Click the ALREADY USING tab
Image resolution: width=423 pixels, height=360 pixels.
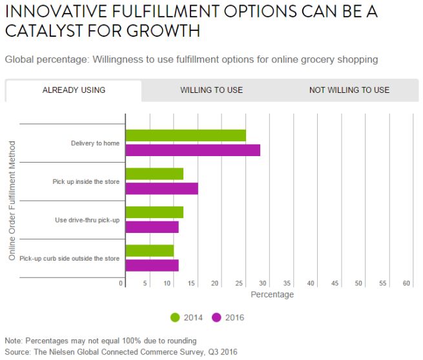74,90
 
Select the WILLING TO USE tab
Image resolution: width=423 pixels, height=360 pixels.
211,90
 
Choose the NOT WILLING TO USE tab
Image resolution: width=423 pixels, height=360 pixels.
349,90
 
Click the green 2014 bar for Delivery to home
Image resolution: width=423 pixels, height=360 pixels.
185,135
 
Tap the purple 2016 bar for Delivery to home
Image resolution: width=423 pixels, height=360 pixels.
192,150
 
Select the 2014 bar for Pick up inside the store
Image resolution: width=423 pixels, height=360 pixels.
154,174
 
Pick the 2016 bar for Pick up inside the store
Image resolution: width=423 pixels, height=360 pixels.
161,188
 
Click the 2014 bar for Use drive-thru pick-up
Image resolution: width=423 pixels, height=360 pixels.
154,212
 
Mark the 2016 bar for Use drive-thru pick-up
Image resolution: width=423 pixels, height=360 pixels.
152,226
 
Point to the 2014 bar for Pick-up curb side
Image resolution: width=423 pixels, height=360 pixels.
150,250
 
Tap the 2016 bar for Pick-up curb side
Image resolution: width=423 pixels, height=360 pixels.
152,265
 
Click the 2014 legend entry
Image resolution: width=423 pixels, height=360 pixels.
187,317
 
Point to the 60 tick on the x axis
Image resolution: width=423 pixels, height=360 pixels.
406,283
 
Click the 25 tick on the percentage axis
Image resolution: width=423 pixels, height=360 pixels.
240,283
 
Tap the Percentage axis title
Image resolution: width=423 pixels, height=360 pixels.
272,295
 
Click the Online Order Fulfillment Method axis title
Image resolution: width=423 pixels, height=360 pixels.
12,201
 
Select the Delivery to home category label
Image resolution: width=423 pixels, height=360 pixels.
95,143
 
